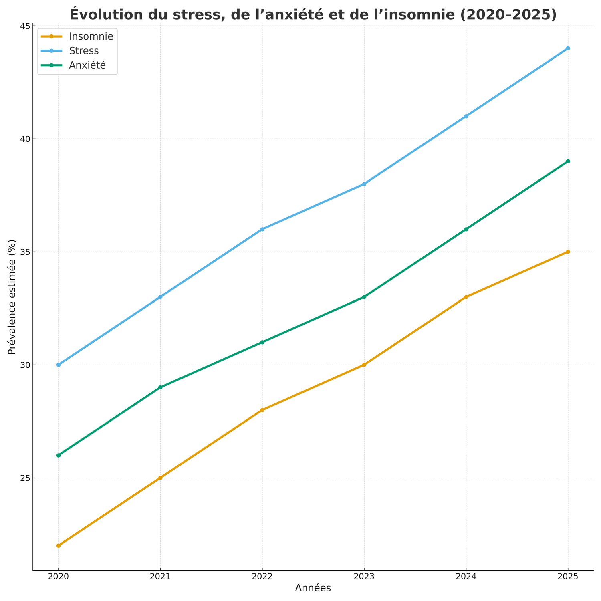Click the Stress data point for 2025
pyautogui.click(x=568, y=48)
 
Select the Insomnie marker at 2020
pyautogui.click(x=58, y=546)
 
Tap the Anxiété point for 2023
pyautogui.click(x=364, y=297)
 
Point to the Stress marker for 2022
pyautogui.click(x=262, y=229)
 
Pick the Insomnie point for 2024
pyautogui.click(x=466, y=297)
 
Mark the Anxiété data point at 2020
pyautogui.click(x=58, y=455)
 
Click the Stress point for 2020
pyautogui.click(x=58, y=365)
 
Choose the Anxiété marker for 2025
pyautogui.click(x=568, y=161)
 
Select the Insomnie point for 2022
pyautogui.click(x=262, y=410)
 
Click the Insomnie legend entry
pyautogui.click(x=91, y=36)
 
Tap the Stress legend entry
pyautogui.click(x=83, y=51)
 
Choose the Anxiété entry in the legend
pyautogui.click(x=87, y=65)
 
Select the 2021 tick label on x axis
pyautogui.click(x=160, y=577)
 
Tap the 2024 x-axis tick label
pyautogui.click(x=466, y=577)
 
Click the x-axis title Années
pyautogui.click(x=313, y=588)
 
